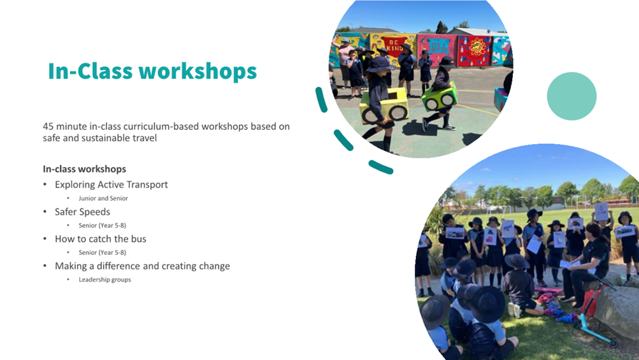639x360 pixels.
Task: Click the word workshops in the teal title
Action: (197, 71)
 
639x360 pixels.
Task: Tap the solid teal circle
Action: (571, 96)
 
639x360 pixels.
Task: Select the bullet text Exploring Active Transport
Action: (111, 185)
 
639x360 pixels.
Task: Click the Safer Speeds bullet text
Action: (82, 212)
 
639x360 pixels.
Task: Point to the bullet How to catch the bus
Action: (100, 239)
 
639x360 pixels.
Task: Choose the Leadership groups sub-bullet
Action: (104, 280)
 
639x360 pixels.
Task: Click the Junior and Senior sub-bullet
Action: (103, 199)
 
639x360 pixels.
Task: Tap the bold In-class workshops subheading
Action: (84, 169)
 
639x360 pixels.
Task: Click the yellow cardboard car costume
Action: (384, 106)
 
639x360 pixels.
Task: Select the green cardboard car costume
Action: (439, 97)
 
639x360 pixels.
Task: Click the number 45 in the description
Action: (48, 126)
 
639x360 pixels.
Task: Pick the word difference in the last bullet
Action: (118, 266)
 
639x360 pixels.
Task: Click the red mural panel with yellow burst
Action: (475, 50)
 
